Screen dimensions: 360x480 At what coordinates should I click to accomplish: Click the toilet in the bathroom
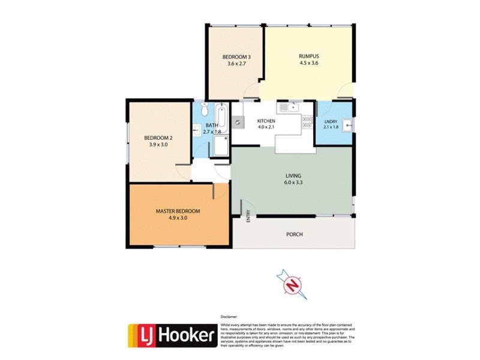click(205, 110)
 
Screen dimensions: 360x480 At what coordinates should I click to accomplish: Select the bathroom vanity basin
click(196, 130)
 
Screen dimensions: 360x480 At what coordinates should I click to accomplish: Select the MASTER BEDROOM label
click(178, 211)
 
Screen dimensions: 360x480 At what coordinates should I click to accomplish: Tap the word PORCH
click(294, 234)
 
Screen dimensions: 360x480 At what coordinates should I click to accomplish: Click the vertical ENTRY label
click(248, 216)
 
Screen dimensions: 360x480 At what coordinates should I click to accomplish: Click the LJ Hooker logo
click(171, 336)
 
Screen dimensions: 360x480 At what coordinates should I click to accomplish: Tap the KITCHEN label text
click(266, 120)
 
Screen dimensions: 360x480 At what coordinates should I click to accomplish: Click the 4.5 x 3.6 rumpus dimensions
click(308, 62)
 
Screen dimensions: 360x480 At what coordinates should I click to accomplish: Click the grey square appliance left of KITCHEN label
click(238, 122)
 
